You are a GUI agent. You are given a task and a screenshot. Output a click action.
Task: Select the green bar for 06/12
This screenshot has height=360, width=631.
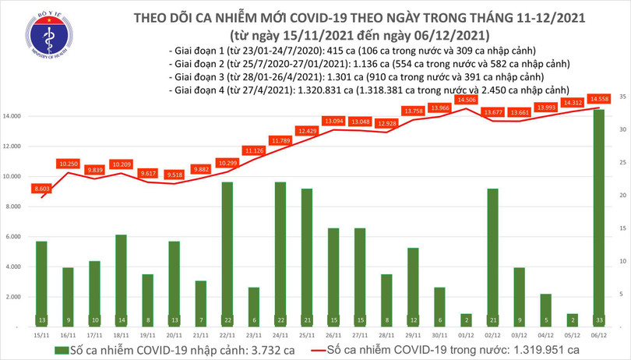pyautogui.click(x=598, y=218)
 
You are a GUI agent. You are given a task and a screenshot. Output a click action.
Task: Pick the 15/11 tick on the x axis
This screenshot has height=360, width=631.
pyautogui.click(x=40, y=336)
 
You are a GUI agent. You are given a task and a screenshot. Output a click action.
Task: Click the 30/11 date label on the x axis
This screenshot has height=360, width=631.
pyautogui.click(x=439, y=336)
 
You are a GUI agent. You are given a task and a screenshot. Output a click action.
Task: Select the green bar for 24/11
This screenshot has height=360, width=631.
pyautogui.click(x=280, y=253)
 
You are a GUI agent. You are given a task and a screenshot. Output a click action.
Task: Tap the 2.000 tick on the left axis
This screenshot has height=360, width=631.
pyautogui.click(x=18, y=297)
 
